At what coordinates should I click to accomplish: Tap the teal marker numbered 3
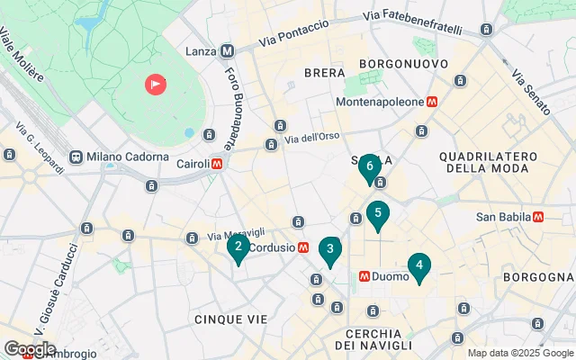pyautogui.click(x=330, y=250)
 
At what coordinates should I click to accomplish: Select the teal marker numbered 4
pyautogui.click(x=418, y=265)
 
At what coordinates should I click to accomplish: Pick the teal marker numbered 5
pyautogui.click(x=378, y=214)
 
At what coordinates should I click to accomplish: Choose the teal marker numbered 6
pyautogui.click(x=369, y=166)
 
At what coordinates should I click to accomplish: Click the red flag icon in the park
pyautogui.click(x=157, y=85)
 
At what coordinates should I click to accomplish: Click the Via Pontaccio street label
pyautogui.click(x=293, y=34)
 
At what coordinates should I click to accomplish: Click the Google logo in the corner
pyautogui.click(x=30, y=349)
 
